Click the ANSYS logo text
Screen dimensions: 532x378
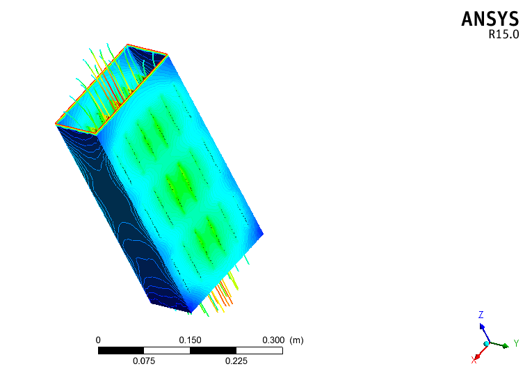[490, 19]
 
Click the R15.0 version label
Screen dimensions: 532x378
[503, 34]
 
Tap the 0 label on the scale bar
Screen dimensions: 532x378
[98, 340]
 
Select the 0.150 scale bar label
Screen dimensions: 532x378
[190, 340]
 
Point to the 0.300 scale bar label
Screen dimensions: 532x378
[273, 340]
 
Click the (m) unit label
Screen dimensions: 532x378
[296, 340]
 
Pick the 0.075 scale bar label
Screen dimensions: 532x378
[144, 361]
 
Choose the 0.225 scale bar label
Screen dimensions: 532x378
[236, 361]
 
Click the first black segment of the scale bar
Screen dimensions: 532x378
[121, 350]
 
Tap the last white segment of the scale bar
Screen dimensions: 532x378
[259, 350]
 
